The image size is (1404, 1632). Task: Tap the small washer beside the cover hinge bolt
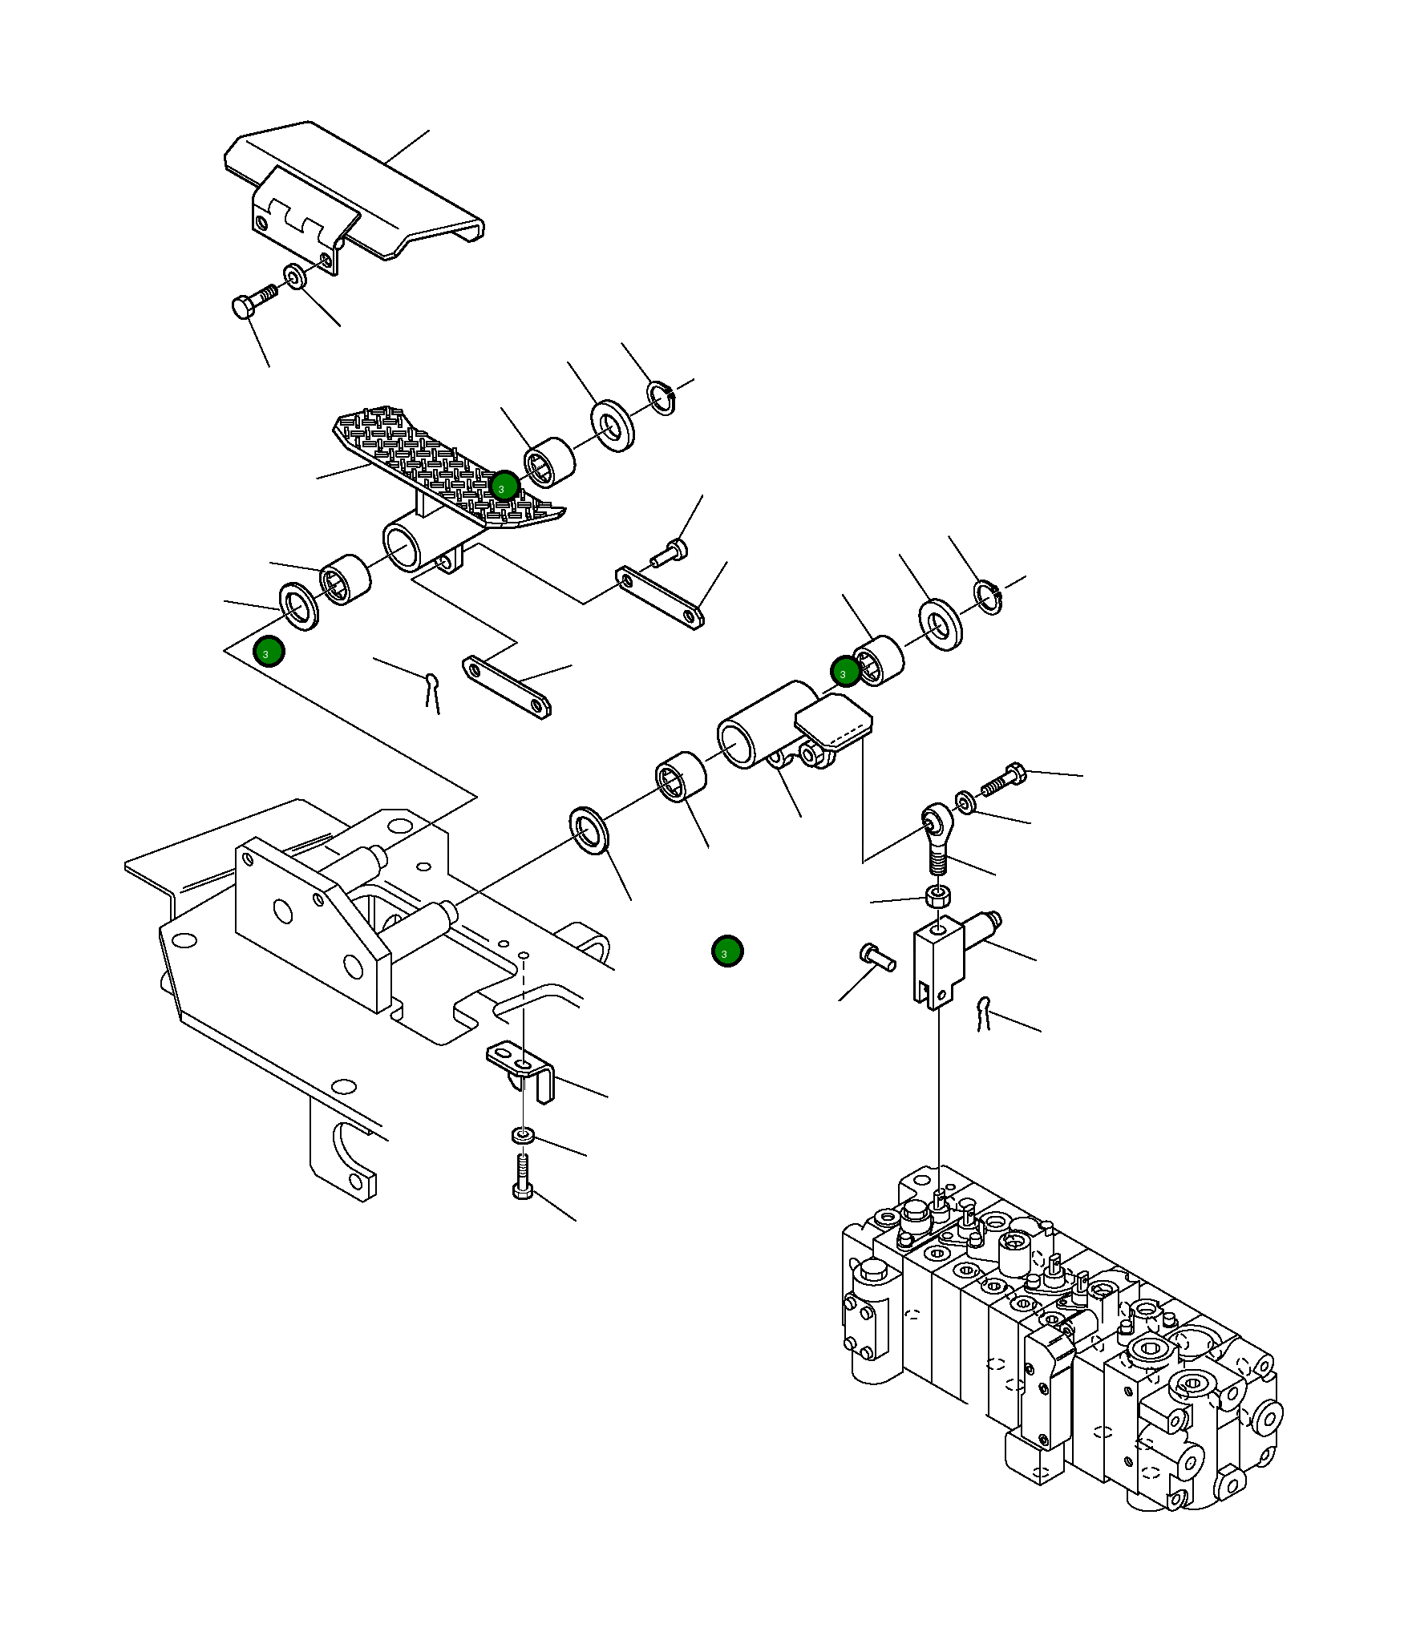click(x=295, y=277)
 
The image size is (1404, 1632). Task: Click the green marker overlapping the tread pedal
click(x=504, y=486)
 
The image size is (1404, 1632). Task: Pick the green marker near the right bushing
click(x=845, y=672)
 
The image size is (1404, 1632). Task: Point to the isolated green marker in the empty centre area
click(x=727, y=951)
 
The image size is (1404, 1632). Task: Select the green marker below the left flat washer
click(x=268, y=652)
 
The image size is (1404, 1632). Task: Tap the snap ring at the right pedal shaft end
click(x=989, y=597)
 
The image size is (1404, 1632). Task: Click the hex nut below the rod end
click(x=938, y=896)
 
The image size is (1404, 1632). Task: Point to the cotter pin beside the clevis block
click(x=984, y=1013)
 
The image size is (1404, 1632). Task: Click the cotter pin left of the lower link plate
click(x=433, y=690)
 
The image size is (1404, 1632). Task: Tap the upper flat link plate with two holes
click(x=660, y=598)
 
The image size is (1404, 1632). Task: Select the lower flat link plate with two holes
click(x=507, y=688)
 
